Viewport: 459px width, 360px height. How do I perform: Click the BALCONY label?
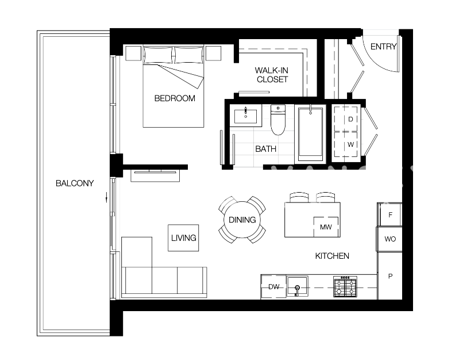click(x=74, y=183)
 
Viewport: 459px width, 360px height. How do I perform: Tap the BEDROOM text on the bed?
click(x=175, y=98)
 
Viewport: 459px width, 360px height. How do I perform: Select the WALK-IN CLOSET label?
click(x=272, y=75)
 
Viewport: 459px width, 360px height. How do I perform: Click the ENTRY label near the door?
click(x=383, y=47)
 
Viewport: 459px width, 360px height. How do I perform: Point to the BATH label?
click(x=265, y=149)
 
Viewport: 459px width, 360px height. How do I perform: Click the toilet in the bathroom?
click(x=278, y=120)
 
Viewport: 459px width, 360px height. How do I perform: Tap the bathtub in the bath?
click(x=310, y=133)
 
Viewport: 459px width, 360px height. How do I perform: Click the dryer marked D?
click(x=350, y=119)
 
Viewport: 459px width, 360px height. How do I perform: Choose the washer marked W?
click(x=350, y=145)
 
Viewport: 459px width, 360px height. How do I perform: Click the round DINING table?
click(x=242, y=220)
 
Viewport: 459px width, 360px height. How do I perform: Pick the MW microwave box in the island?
click(x=326, y=227)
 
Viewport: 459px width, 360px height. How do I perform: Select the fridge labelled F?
click(x=390, y=215)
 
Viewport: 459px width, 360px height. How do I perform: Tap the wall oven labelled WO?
click(x=390, y=239)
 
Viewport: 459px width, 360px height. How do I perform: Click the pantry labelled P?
click(x=390, y=276)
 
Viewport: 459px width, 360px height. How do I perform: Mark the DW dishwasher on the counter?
click(x=273, y=286)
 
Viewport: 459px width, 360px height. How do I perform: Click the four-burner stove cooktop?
click(x=345, y=286)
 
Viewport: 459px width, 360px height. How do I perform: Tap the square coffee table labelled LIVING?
click(x=183, y=238)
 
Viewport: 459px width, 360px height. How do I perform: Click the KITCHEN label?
click(x=332, y=256)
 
